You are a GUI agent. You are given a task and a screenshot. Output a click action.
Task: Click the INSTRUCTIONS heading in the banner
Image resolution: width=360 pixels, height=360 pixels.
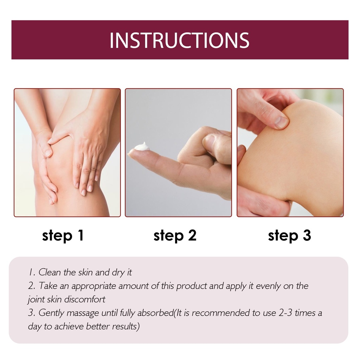[179, 40]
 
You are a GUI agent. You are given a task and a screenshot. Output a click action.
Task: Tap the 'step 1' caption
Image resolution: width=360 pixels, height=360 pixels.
[63, 236]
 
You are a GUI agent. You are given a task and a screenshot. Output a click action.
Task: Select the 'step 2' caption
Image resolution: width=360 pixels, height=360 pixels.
[175, 236]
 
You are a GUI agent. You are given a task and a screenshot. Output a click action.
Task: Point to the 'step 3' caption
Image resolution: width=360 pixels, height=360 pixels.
[290, 236]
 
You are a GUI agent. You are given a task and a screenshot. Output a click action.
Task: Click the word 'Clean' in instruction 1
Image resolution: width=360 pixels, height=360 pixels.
[50, 272]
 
